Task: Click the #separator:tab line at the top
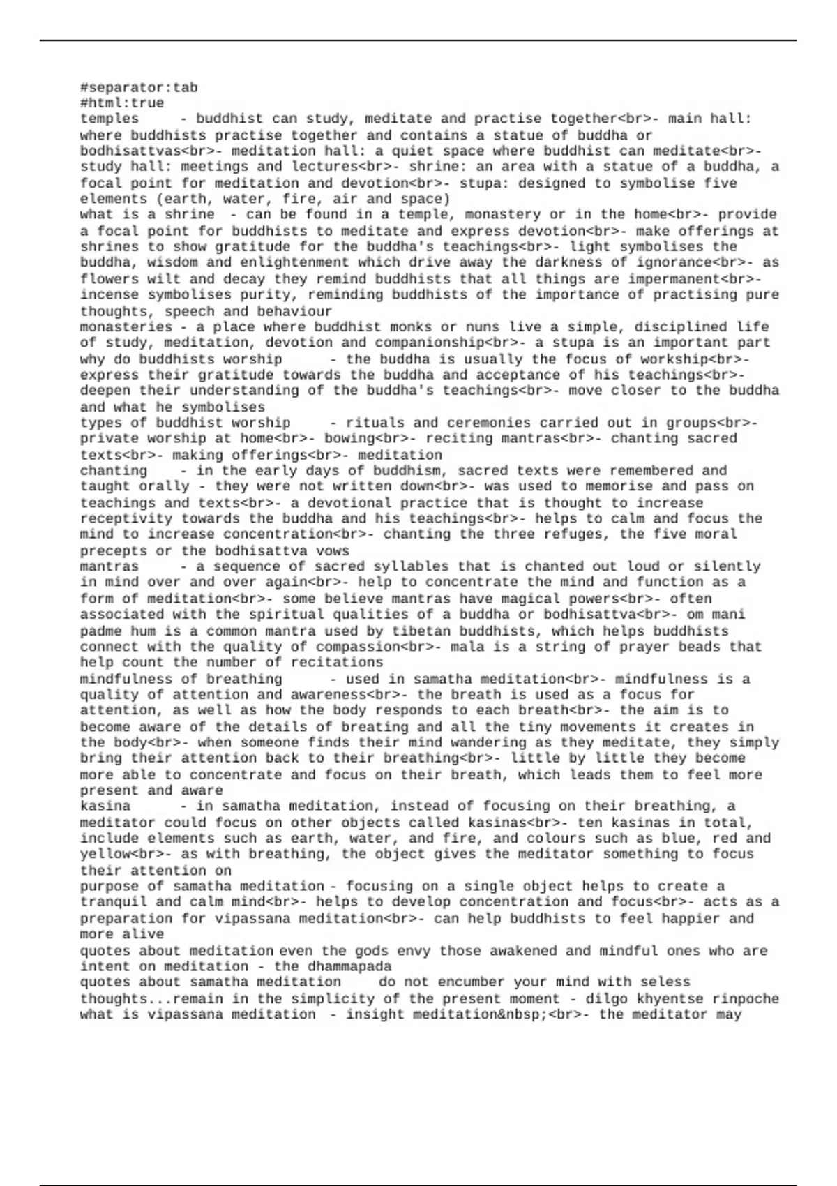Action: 139,87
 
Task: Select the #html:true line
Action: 122,103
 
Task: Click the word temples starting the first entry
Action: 110,119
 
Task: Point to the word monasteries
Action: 126,326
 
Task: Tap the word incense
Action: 110,294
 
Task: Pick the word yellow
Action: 105,854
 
